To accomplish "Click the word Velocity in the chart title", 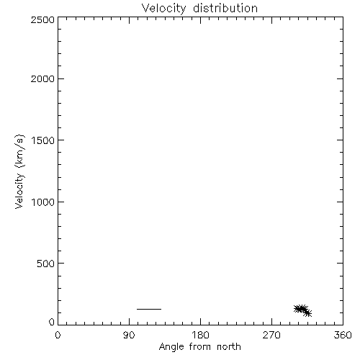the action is pyautogui.click(x=163, y=9).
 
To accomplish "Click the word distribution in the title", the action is pyautogui.click(x=225, y=8).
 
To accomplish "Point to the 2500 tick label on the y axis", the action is pyautogui.click(x=42, y=19).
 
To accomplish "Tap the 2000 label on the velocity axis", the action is pyautogui.click(x=42, y=78).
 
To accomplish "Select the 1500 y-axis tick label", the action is pyautogui.click(x=43, y=140).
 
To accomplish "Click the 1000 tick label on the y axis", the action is pyautogui.click(x=43, y=202).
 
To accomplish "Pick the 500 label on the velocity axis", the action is pyautogui.click(x=46, y=264).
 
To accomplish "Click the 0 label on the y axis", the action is pyautogui.click(x=52, y=322).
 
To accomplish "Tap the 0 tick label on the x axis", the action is pyautogui.click(x=58, y=335).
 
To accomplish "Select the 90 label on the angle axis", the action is pyautogui.click(x=129, y=335).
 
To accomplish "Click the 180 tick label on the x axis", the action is pyautogui.click(x=200, y=335).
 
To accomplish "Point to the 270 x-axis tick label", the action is pyautogui.click(x=271, y=335).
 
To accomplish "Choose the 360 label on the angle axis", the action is pyautogui.click(x=343, y=335).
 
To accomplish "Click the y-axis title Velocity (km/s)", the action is pyautogui.click(x=19, y=171).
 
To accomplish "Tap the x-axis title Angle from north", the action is pyautogui.click(x=200, y=347).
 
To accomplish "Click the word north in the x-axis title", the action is pyautogui.click(x=229, y=346).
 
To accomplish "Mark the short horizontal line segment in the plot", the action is pyautogui.click(x=149, y=309).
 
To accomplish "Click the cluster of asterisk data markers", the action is pyautogui.click(x=302, y=310).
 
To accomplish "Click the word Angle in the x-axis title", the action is pyautogui.click(x=171, y=347).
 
